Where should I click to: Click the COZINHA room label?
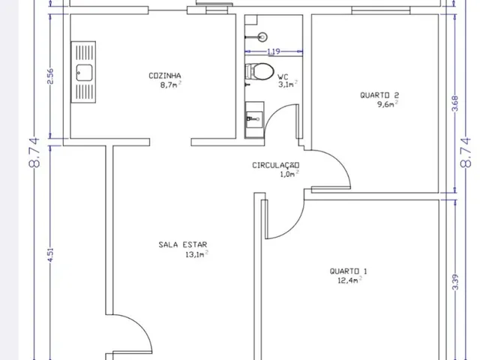click(165, 76)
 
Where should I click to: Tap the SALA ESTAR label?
click(183, 244)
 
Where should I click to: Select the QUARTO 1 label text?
click(348, 271)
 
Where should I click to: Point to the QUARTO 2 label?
click(379, 95)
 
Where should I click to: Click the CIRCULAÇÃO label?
click(276, 165)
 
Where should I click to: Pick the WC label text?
click(283, 76)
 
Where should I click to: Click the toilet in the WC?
click(259, 72)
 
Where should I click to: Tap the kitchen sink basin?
click(84, 73)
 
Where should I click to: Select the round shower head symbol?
click(262, 37)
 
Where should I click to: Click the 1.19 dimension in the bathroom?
click(274, 52)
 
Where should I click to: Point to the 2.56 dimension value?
click(50, 76)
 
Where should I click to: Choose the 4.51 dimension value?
click(50, 254)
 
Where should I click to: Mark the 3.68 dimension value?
click(455, 103)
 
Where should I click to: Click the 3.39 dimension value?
click(455, 282)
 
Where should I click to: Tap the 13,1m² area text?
click(197, 254)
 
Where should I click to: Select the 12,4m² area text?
click(350, 280)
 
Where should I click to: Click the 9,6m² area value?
click(388, 104)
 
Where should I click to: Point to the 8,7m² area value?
click(170, 85)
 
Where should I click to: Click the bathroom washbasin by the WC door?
click(254, 118)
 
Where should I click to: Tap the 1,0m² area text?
click(289, 174)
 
